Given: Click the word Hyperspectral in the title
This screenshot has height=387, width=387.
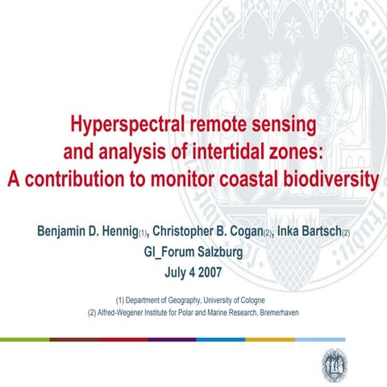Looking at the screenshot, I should pos(122,127).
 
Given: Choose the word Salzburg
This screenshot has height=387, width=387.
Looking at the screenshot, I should pos(218,251).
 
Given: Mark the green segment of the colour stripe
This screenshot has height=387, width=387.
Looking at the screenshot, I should pos(24,339).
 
